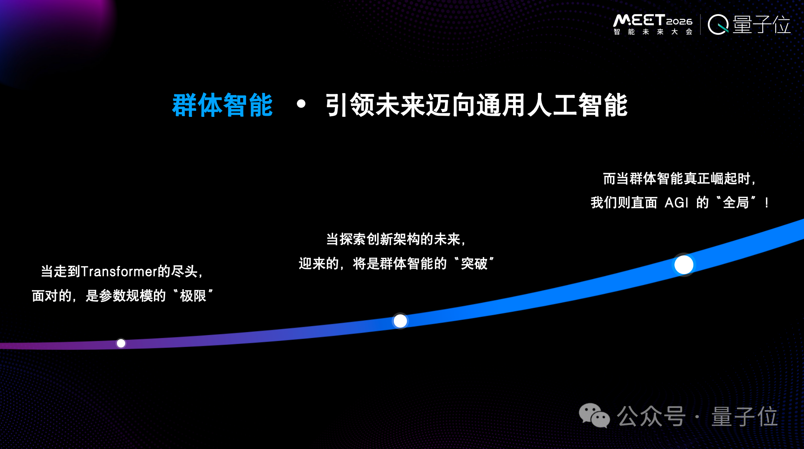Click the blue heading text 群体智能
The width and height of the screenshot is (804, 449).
coord(222,105)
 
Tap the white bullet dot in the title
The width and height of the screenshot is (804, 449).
coord(301,104)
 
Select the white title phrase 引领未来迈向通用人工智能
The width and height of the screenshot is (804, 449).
coord(476,105)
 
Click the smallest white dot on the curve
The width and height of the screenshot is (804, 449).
coord(121,343)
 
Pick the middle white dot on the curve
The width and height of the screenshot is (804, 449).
coord(400,321)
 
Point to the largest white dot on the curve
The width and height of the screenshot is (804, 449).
coord(684,265)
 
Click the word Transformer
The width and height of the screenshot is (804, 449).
coord(119,271)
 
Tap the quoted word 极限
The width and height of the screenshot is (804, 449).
coord(193,296)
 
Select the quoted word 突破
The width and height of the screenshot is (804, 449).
coord(474,264)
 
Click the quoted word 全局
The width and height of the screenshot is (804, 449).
coord(736,203)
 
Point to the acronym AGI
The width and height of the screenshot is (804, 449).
coord(676,203)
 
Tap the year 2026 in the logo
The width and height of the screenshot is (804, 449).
coord(679,21)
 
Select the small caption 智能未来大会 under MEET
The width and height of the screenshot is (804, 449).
coord(653,32)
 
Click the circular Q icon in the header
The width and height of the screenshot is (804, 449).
coord(718,24)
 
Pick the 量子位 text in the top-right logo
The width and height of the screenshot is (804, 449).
coord(761,24)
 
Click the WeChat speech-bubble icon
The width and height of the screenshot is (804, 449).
coord(594,416)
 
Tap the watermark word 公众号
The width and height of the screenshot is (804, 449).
coord(651,416)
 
